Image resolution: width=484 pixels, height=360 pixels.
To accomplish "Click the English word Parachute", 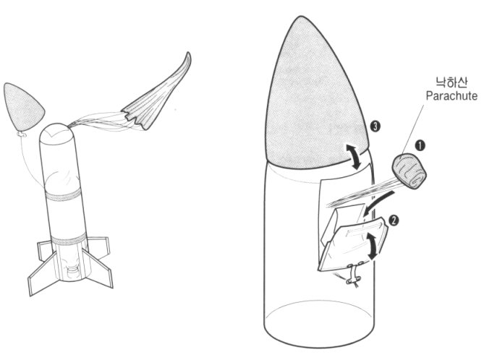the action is point(451,96).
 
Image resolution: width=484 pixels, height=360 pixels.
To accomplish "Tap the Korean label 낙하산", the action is point(451,82).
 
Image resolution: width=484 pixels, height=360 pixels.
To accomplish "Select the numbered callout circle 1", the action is point(420,145).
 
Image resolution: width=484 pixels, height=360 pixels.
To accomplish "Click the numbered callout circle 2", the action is point(394,220).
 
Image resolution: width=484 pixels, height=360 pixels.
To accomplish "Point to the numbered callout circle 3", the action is point(375,127).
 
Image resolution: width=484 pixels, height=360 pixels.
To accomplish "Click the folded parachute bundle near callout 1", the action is point(409,171).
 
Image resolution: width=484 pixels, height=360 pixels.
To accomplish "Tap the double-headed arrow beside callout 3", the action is point(354,157).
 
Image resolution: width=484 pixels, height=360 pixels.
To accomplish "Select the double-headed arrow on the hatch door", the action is point(373,246).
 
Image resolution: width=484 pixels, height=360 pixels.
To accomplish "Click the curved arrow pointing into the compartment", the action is point(378,203).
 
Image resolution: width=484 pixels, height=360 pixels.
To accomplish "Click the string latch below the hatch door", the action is point(354,274).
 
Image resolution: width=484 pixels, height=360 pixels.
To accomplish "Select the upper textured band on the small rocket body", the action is point(63,194).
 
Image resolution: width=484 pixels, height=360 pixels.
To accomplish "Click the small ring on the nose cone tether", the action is point(21,134).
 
